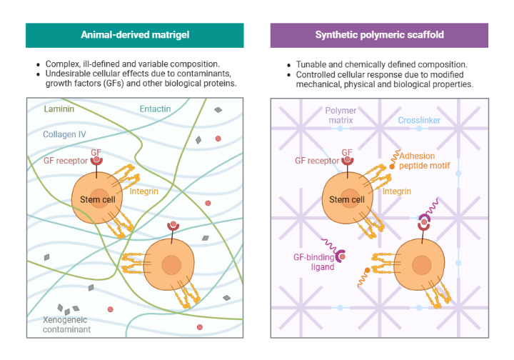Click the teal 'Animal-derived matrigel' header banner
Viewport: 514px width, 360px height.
(134, 35)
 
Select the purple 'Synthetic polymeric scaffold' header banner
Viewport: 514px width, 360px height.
(379, 35)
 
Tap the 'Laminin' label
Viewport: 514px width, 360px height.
(59, 109)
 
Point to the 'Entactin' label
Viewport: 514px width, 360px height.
(155, 109)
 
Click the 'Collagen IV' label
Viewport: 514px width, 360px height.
(65, 134)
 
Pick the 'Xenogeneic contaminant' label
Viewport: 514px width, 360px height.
(66, 325)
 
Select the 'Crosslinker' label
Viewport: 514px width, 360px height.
(419, 121)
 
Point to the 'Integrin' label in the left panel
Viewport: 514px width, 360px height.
(144, 191)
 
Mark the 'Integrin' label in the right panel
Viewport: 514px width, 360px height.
(397, 191)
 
